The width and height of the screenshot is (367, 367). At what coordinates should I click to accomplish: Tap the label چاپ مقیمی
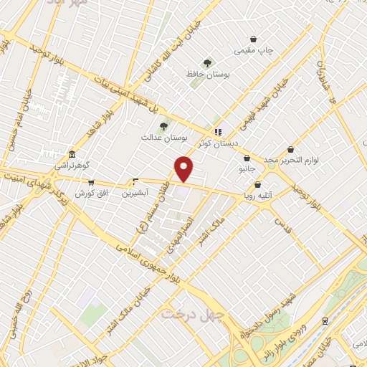(x=254, y=52)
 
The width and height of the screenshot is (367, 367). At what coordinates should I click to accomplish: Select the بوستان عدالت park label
(x=164, y=136)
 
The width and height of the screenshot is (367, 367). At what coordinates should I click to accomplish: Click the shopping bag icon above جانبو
(x=247, y=158)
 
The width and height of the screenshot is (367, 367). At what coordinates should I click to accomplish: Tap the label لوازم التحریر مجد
(x=290, y=161)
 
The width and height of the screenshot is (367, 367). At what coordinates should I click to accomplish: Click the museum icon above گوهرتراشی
(x=72, y=155)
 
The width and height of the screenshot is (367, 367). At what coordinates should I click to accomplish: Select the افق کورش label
(x=91, y=194)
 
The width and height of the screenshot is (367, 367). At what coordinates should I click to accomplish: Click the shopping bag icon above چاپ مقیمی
(x=254, y=39)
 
